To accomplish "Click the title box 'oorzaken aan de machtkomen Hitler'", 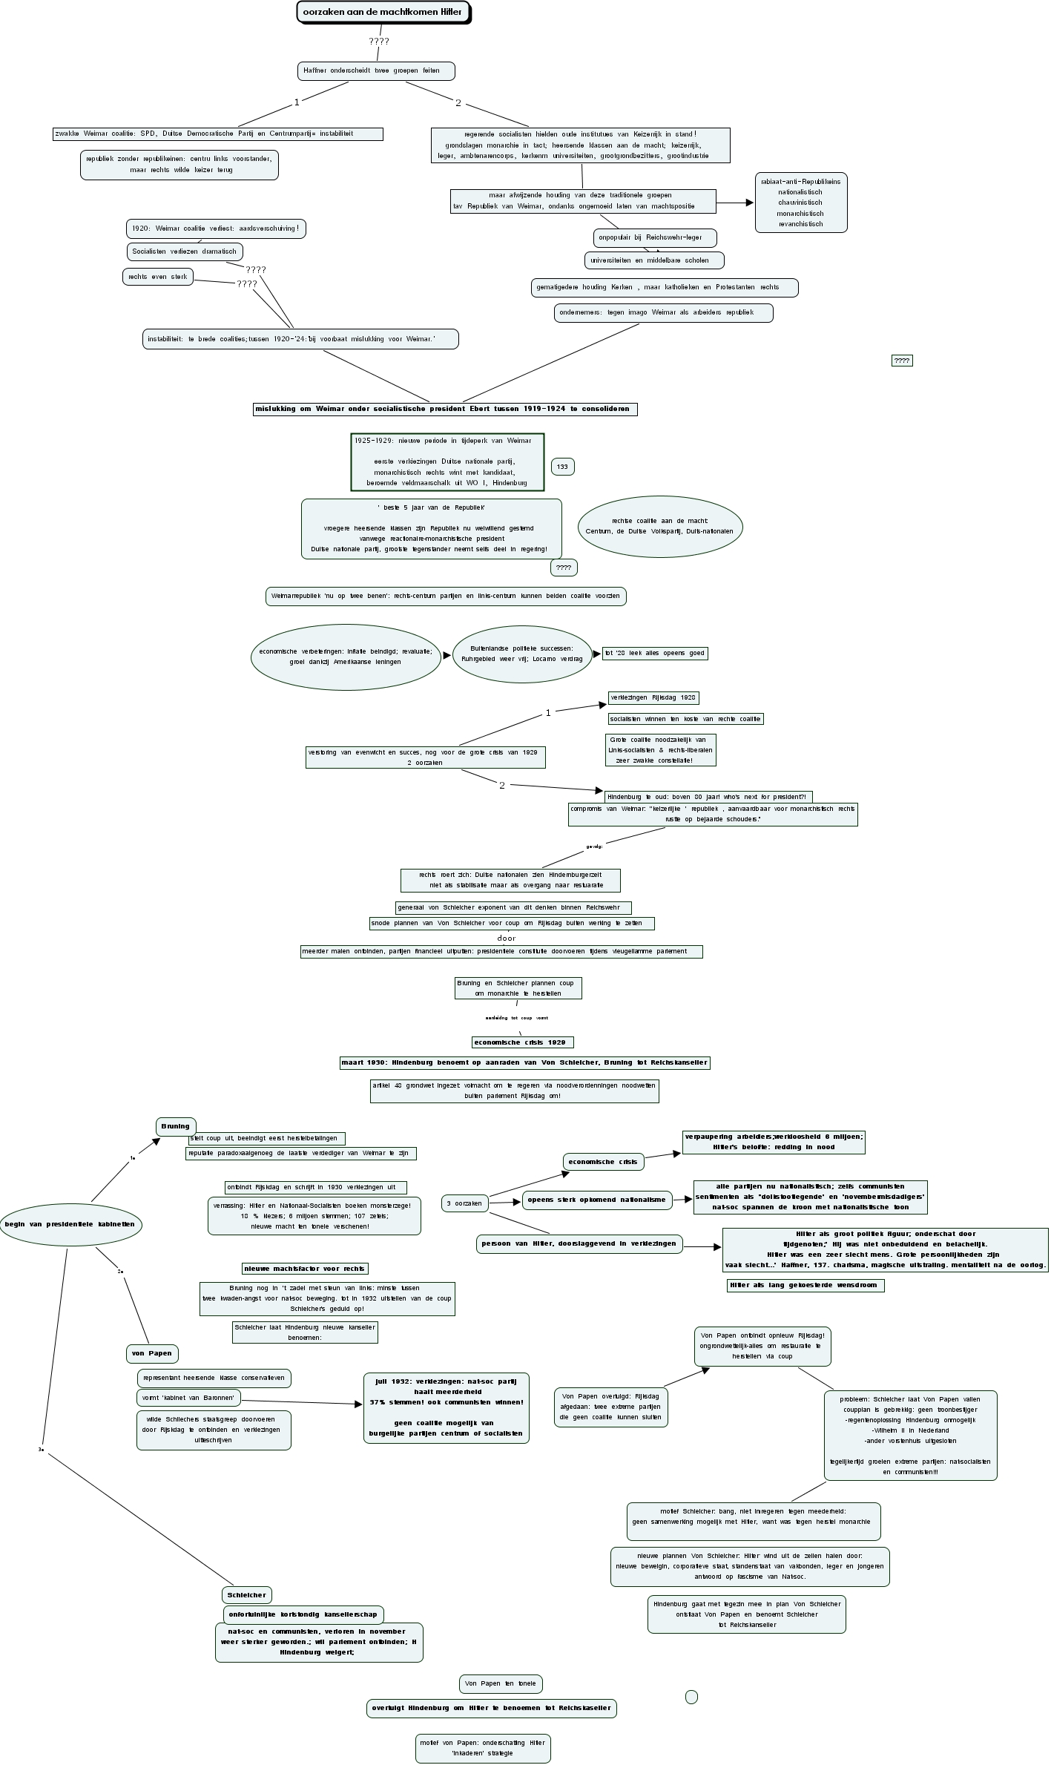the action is pyautogui.click(x=383, y=13).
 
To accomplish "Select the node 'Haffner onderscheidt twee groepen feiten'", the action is pyautogui.click(x=375, y=71).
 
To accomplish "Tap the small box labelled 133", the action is pyautogui.click(x=562, y=467).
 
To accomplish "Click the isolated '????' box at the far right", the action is pyautogui.click(x=901, y=361).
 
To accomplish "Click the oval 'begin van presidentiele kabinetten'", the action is pyautogui.click(x=70, y=1224).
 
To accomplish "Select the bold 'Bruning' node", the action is pyautogui.click(x=176, y=1126).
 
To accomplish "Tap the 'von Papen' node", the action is pyautogui.click(x=152, y=1353).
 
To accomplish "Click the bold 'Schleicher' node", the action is pyautogui.click(x=246, y=1595).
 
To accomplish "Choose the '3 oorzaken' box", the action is pyautogui.click(x=464, y=1203).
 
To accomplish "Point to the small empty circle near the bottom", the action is pyautogui.click(x=691, y=1697).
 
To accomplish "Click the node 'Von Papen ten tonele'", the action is pyautogui.click(x=501, y=1683).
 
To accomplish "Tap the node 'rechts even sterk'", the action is pyautogui.click(x=158, y=277).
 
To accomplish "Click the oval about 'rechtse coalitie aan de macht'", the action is pyautogui.click(x=659, y=526).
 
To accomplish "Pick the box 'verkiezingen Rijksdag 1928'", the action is pyautogui.click(x=653, y=697).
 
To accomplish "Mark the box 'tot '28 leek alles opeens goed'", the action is pyautogui.click(x=654, y=654).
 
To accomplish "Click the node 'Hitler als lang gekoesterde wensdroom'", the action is pyautogui.click(x=805, y=1285).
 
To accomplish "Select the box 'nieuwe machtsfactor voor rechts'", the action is pyautogui.click(x=305, y=1269).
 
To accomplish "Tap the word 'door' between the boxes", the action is pyautogui.click(x=506, y=939).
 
